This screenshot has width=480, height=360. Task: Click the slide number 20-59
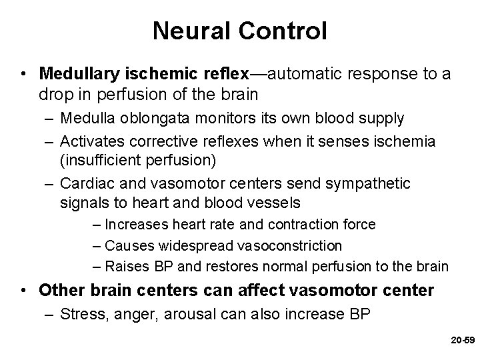click(461, 339)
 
